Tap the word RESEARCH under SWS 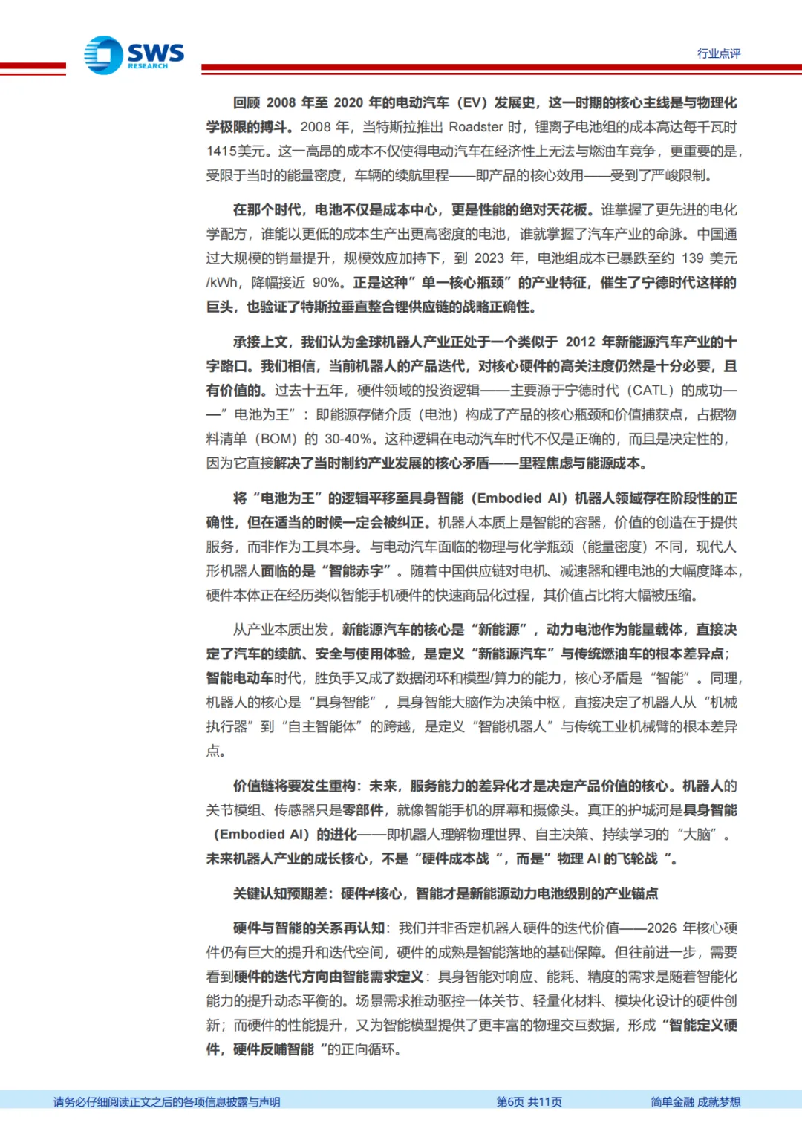148,67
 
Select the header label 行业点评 718,53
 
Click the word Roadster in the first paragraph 476,127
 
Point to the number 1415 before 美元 221,151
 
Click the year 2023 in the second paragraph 489,258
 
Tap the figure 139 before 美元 692,258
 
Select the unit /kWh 223,283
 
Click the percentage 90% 326,283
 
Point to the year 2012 580,342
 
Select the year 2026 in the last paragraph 661,928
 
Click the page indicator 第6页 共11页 529,1102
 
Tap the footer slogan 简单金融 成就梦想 695,1102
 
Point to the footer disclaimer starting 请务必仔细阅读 166,1102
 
